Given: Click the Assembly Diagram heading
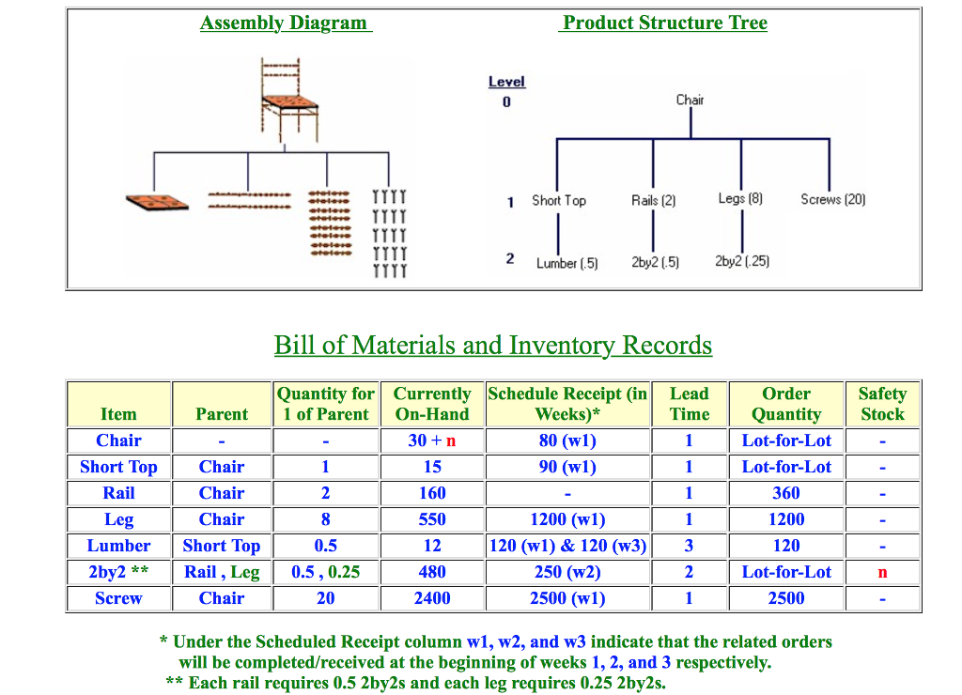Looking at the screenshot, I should click(x=285, y=23).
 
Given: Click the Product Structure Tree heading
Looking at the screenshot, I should click(x=664, y=23).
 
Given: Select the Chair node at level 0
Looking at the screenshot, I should click(x=690, y=100).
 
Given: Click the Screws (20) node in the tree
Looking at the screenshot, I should click(x=832, y=199).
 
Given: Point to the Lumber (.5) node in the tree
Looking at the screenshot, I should click(x=566, y=263).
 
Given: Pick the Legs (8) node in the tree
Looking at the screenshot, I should click(x=740, y=199).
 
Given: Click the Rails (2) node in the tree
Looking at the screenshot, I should click(x=653, y=200).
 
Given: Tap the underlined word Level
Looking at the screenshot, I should click(x=506, y=82).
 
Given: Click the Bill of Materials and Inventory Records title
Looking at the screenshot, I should click(x=492, y=346).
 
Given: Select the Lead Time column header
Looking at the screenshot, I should click(x=689, y=404).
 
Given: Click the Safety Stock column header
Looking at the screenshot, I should click(x=882, y=404).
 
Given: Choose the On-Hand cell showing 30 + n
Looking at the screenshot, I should click(x=431, y=440).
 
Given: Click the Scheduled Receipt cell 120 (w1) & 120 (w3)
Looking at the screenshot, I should click(x=567, y=546).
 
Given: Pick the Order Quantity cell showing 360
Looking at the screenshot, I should click(x=785, y=493).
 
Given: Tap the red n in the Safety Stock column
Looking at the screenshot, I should click(x=882, y=572).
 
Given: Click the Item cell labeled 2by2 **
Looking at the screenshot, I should click(x=118, y=572).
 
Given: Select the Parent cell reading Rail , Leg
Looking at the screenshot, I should click(x=222, y=572).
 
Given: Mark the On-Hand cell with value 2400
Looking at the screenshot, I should click(x=431, y=598).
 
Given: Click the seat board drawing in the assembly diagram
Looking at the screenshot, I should click(x=156, y=201).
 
